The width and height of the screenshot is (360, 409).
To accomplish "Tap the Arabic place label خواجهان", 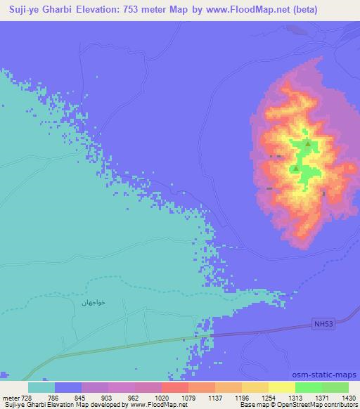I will point(92,301).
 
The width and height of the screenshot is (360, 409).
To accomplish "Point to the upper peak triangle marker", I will point(308,143).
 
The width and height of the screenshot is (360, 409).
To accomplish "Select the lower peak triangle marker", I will point(296,169).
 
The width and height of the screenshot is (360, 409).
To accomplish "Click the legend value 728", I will point(27,397).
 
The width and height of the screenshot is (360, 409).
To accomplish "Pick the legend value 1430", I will point(348,397).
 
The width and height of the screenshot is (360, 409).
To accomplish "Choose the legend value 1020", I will point(162,397).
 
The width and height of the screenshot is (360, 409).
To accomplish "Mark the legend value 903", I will point(108,397).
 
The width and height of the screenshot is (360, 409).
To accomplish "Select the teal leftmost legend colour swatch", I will point(41,387).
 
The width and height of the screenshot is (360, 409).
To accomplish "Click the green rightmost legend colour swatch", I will point(335,387).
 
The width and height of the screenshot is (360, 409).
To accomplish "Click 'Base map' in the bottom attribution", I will point(251,405).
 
